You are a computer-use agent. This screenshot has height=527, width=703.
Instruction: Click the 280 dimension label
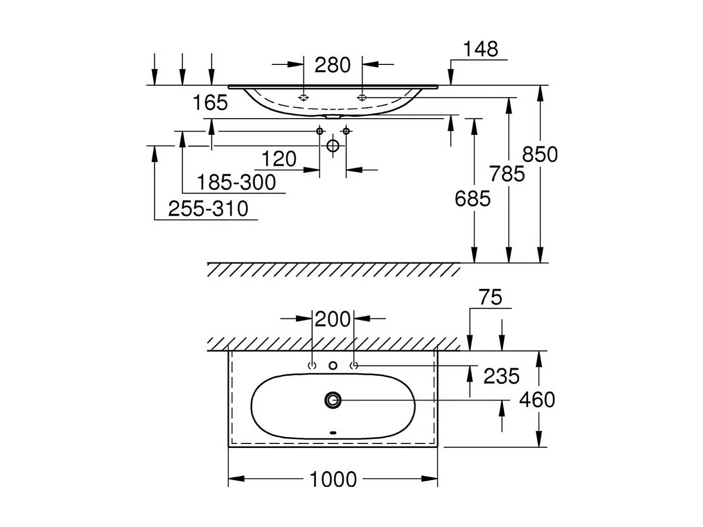[x=333, y=66]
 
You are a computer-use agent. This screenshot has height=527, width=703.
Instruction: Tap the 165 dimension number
[x=210, y=103]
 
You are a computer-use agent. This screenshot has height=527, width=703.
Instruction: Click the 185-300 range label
[x=236, y=183]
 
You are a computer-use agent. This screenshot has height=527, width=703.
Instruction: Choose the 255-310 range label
[x=208, y=210]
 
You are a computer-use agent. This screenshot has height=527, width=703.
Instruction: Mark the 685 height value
[x=473, y=198]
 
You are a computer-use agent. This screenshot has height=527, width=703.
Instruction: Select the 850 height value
[x=540, y=154]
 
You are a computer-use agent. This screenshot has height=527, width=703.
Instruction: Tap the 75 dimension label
[x=490, y=298]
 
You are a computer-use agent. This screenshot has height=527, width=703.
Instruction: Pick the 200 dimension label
[x=333, y=319]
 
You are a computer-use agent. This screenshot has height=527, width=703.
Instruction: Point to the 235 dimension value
[x=501, y=376]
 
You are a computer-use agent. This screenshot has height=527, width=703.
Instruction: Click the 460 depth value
[x=537, y=400]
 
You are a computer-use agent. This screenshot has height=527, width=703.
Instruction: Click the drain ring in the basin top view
[x=333, y=400]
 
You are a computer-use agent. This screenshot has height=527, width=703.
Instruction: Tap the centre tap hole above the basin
[x=333, y=366]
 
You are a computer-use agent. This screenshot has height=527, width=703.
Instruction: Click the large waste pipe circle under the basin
[x=333, y=146]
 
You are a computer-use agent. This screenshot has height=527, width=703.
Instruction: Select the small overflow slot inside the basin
[x=333, y=433]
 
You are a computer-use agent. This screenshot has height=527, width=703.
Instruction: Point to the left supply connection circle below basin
[x=320, y=131]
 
